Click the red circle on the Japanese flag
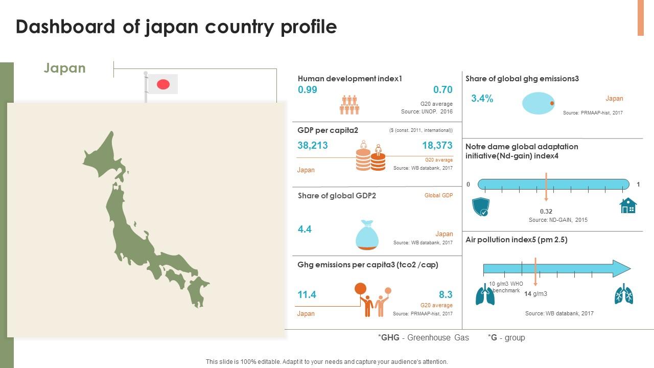tap(163, 84)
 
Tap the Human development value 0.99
tap(308, 90)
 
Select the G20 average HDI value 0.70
tap(442, 90)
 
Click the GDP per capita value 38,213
tap(313, 146)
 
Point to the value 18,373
tap(437, 146)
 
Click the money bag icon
tap(367, 236)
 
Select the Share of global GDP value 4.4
tap(305, 229)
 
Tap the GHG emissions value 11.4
tap(307, 295)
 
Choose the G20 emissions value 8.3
tap(446, 295)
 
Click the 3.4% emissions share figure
tap(482, 99)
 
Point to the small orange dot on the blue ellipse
tap(552, 103)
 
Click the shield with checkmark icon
tap(481, 207)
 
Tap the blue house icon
tap(628, 205)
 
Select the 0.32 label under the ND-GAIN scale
tap(546, 212)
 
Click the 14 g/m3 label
tap(536, 294)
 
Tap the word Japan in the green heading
tap(65, 68)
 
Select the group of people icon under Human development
tap(349, 105)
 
